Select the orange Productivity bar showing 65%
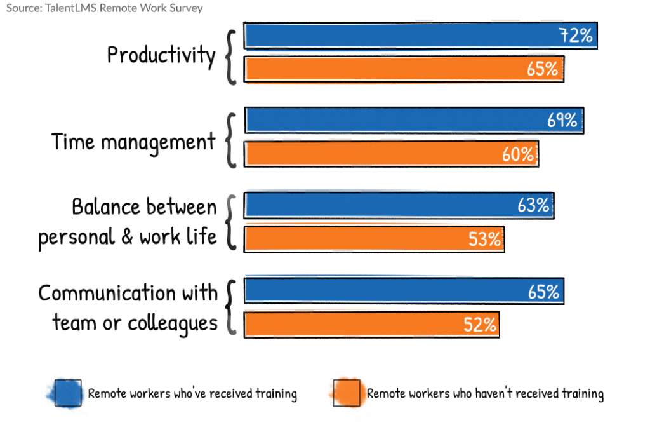(x=404, y=69)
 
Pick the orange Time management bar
(x=391, y=154)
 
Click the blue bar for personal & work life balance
(x=399, y=206)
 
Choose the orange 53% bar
(x=374, y=240)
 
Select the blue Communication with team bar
(x=404, y=291)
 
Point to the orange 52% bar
(x=371, y=325)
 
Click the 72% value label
(x=576, y=36)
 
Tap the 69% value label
(x=562, y=120)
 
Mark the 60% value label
(x=518, y=154)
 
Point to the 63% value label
(x=533, y=206)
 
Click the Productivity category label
(x=161, y=56)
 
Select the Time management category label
(x=133, y=141)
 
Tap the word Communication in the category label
(x=105, y=294)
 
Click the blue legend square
(x=67, y=393)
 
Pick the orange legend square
(x=347, y=393)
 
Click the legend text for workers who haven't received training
(x=485, y=394)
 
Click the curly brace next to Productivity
(x=231, y=56)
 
